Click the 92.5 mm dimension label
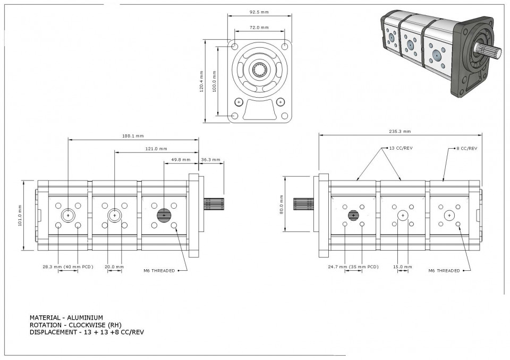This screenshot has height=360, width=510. pos(259,12)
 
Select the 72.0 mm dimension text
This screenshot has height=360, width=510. pos(259,27)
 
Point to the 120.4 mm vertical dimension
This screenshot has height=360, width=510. pos(201,82)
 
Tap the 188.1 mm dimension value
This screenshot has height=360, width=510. pos(133,136)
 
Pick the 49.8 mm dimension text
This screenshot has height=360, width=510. pos(181,160)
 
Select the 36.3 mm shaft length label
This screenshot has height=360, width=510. pos(210,160)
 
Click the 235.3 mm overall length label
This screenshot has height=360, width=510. pos(399,131)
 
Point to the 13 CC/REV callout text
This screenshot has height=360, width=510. pos(401,148)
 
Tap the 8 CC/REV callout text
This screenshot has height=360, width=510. pos(467,148)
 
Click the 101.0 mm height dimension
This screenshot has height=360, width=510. pos(20,215)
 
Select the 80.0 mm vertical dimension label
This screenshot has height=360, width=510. pos(282,204)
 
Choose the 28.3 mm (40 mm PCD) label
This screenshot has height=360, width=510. pos(68,267)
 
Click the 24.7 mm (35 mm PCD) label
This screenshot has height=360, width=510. pos(353,267)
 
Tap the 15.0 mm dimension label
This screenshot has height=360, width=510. pos(403,267)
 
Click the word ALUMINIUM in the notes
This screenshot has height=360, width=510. pos(85,318)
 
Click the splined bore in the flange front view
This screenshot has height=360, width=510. pos(260,69)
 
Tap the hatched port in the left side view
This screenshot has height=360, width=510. pos(164,215)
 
